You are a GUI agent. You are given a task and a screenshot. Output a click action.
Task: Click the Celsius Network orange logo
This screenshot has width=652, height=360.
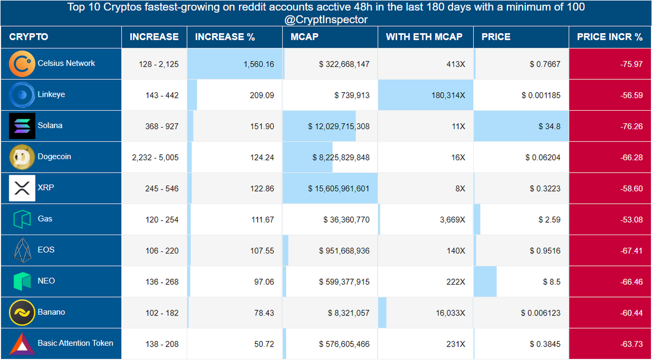point(22,64)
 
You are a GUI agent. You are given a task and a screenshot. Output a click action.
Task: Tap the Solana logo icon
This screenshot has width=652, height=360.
point(22,126)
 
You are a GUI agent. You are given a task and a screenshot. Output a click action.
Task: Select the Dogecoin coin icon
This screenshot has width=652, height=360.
point(22,157)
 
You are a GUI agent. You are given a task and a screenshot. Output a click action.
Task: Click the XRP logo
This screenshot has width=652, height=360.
point(22,188)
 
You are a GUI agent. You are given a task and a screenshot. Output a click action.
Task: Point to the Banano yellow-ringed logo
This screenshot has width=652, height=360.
point(22,313)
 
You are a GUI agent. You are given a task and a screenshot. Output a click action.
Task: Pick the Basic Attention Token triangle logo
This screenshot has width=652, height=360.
point(22,344)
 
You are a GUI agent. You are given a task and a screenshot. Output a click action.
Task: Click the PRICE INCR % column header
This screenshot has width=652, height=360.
point(610,37)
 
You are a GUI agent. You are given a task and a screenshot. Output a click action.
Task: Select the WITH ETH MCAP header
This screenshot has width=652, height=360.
point(424,37)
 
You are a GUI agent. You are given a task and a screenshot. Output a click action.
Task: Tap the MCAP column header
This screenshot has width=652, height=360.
point(304,37)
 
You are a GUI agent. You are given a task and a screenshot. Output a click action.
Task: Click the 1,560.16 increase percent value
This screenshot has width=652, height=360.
point(259,64)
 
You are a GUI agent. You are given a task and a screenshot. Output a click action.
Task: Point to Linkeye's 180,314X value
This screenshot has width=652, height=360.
point(448,95)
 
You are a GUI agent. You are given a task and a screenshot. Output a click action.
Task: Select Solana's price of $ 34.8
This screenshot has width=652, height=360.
point(549,126)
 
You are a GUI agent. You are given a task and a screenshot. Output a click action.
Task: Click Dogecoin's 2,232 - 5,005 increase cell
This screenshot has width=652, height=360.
point(155,157)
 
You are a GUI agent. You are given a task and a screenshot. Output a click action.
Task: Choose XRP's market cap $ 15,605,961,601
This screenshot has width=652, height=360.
point(339,188)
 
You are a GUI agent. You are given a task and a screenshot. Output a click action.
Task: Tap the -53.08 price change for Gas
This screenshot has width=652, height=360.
point(631,219)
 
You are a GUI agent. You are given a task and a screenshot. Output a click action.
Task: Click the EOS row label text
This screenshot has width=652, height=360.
point(46,250)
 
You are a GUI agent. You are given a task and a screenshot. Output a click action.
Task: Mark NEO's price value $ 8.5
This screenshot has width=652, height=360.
point(551,282)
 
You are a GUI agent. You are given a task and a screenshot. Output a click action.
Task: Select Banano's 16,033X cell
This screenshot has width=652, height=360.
point(450,313)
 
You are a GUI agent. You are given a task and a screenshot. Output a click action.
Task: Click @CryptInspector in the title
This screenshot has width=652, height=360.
point(326,20)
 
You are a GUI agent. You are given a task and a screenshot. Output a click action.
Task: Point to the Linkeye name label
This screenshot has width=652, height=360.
point(51,94)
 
